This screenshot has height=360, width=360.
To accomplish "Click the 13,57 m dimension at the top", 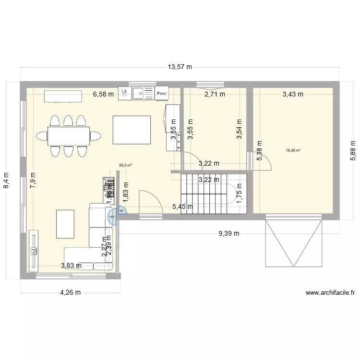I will coord(180,67).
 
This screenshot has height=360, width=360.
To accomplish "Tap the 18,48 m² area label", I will coord(293,150).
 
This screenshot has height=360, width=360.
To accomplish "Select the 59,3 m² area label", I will coord(125,165).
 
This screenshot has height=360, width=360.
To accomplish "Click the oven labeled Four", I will coord(162,94).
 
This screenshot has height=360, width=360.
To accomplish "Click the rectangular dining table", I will coord(68,136).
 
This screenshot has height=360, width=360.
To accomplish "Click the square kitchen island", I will coord(132,130).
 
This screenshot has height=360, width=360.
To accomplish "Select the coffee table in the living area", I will coord(65,223).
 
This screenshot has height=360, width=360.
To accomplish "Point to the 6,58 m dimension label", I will coord(103,94).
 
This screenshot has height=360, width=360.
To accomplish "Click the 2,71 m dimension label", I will coord(215,94).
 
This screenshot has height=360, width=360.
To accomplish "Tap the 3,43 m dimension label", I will coord(293,94).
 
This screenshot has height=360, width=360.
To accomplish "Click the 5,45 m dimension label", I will coord(182,207).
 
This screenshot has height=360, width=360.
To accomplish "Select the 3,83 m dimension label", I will coord(71,265).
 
